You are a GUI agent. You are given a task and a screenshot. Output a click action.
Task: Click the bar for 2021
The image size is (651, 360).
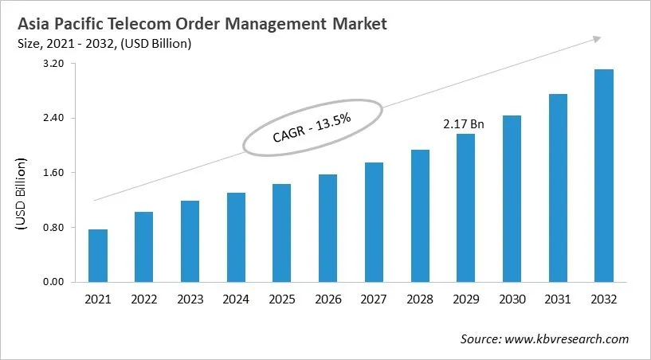[98, 256]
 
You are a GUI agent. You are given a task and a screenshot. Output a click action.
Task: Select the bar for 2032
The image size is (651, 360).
[604, 175]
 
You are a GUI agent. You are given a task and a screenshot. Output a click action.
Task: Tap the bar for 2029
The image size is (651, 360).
[465, 208]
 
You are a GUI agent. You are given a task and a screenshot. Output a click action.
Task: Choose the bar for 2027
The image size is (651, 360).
[374, 222]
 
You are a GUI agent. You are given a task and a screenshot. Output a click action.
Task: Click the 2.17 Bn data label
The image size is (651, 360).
[464, 124]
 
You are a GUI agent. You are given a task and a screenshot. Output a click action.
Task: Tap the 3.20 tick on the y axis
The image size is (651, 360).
[53, 64]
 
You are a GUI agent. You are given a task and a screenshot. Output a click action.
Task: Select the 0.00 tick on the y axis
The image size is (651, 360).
[53, 282]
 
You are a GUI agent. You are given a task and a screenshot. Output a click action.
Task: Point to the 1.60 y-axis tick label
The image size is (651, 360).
[53, 173]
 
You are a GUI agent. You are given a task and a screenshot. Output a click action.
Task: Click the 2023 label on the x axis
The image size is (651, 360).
[190, 299]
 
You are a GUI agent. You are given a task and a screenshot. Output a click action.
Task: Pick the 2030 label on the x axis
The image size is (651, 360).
[512, 299]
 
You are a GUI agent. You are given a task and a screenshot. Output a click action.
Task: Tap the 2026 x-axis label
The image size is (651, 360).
[327, 299]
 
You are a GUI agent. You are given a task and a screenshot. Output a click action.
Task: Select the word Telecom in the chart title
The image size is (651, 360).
[166, 24]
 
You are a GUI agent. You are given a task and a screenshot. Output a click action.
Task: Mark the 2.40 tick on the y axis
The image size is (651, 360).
[53, 119]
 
